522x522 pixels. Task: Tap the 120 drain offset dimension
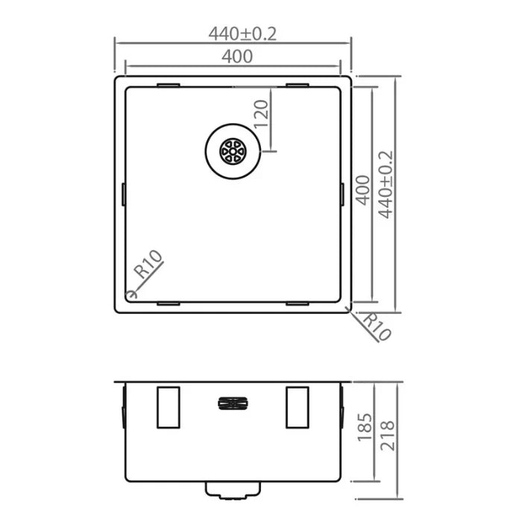point(260,115)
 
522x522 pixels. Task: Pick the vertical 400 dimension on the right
point(362,192)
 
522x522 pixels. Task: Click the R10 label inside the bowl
point(148,268)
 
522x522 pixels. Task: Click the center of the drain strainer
point(232,151)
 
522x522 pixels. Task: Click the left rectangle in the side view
point(168,408)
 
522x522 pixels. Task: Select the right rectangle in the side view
point(298,408)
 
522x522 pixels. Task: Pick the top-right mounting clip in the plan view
point(298,85)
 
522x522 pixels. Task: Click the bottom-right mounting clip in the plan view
point(298,304)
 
